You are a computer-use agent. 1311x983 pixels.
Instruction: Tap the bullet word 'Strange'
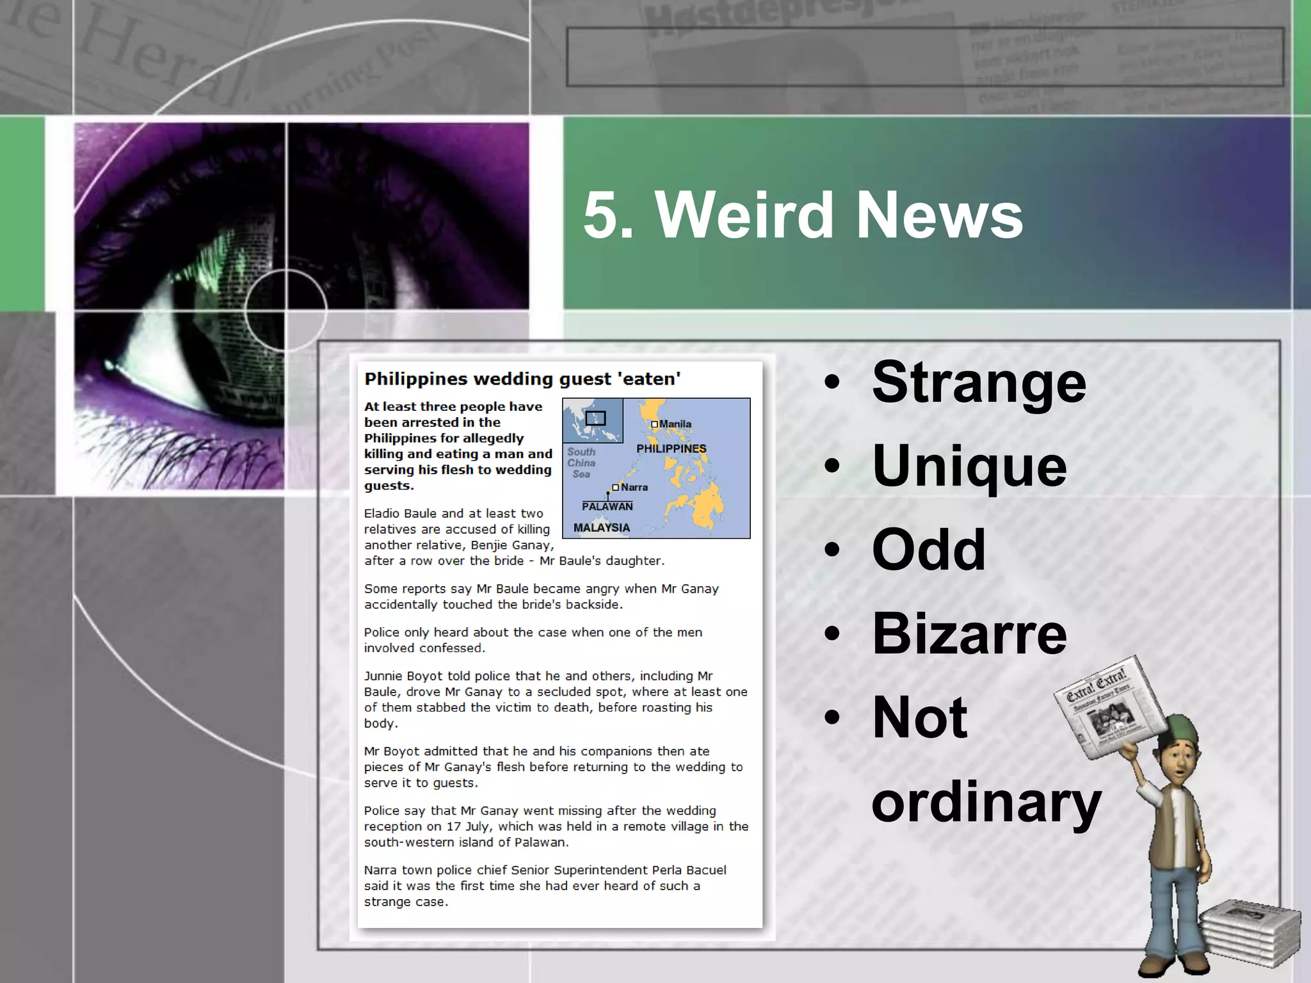[x=979, y=383]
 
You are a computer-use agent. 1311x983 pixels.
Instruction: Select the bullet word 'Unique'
[x=969, y=466]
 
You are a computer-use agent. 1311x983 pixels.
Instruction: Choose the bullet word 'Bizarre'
[x=969, y=633]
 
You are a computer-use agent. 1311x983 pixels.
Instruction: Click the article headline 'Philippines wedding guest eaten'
[x=522, y=379]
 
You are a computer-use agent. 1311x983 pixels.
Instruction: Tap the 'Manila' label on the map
[x=675, y=424]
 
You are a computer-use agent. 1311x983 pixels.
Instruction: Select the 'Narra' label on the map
[x=634, y=487]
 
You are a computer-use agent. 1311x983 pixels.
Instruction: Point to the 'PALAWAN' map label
[x=607, y=506]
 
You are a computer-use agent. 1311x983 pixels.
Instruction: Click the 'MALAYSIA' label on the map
[x=601, y=527]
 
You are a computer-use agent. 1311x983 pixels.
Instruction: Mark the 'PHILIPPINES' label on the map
[x=671, y=449]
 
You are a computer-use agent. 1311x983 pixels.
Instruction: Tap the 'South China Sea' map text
[x=581, y=463]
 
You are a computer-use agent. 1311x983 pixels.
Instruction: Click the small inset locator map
[x=593, y=420]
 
